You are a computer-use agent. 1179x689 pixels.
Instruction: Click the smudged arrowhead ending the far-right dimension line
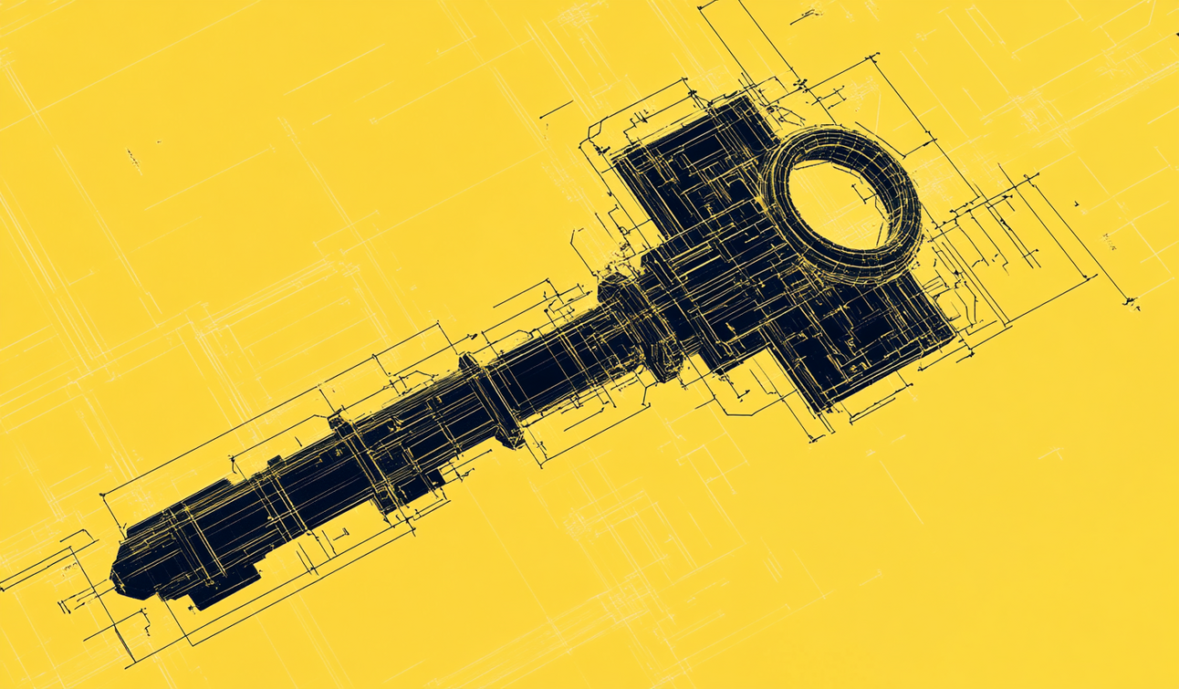coord(1132,299)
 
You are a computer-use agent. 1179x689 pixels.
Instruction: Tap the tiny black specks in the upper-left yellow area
coord(134,160)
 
